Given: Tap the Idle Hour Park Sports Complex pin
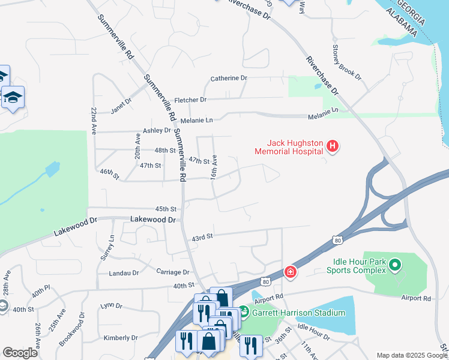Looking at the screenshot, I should tap(394, 265).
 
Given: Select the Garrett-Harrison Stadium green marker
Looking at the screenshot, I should tap(243, 313).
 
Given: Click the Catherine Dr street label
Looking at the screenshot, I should tap(228, 79).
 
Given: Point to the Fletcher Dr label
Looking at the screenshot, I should tap(190, 100).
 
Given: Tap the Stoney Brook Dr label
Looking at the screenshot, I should tap(348, 59).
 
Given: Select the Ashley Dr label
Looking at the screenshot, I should tap(157, 130).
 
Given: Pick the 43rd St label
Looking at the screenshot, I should tap(202, 237).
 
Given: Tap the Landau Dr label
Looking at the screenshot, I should tap(124, 273).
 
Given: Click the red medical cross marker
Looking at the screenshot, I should tap(291, 273).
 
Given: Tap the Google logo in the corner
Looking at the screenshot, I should tap(20, 353).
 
